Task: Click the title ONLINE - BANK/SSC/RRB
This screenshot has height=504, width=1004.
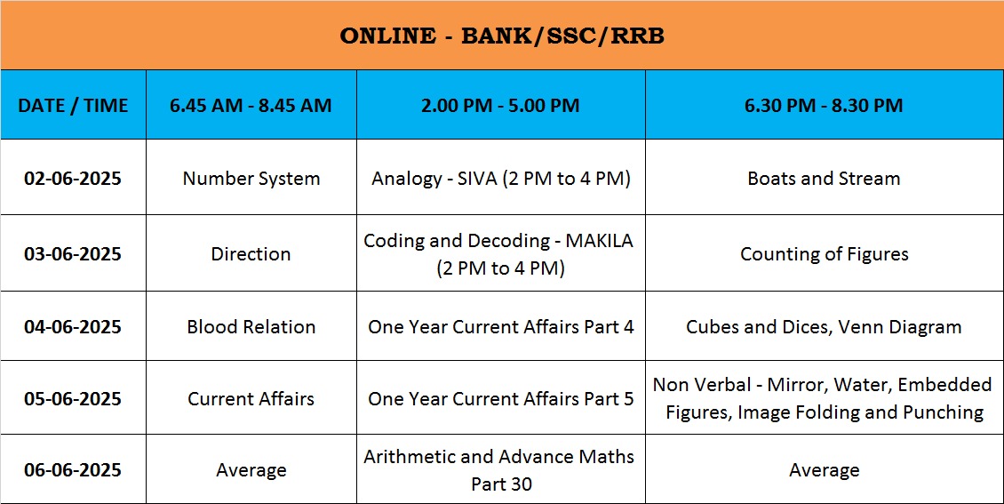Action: coord(501,36)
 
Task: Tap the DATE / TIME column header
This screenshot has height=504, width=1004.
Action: coord(73,105)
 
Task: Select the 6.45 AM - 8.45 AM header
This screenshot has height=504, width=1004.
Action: coord(251,105)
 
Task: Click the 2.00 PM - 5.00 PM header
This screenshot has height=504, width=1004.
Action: coord(501,105)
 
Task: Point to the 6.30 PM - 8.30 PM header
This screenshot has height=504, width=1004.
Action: coord(824,105)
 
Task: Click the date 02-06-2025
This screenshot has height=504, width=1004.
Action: coord(73,178)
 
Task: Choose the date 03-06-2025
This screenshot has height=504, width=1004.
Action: coord(73,253)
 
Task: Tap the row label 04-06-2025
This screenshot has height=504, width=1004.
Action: coord(73,326)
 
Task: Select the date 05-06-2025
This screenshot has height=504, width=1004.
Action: coord(73,398)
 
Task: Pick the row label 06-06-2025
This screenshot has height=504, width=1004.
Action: coord(73,470)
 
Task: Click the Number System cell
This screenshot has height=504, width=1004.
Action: coord(251,179)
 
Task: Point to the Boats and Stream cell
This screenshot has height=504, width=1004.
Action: coord(824,178)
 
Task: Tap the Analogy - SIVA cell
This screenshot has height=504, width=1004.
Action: coord(501,179)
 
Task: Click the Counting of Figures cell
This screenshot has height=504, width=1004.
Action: coord(824,254)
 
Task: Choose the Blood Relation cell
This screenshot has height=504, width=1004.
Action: coord(251,326)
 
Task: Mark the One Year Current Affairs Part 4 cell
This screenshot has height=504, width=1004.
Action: coord(501,326)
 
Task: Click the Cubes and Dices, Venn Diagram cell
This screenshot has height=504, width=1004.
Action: coord(824,327)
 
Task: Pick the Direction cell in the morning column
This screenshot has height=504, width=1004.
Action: coord(251,253)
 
